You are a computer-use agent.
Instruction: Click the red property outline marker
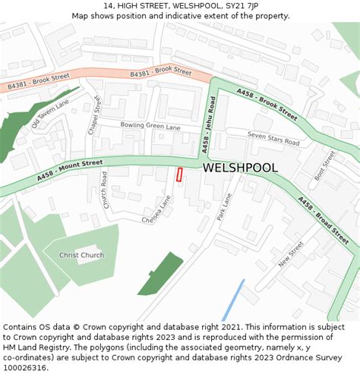(180, 174)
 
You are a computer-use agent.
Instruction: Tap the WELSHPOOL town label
(240, 167)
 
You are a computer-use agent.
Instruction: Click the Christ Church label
(81, 255)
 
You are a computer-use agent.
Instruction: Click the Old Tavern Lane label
(51, 114)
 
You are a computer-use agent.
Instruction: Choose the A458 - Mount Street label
(69, 172)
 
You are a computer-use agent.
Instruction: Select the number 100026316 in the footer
(26, 367)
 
